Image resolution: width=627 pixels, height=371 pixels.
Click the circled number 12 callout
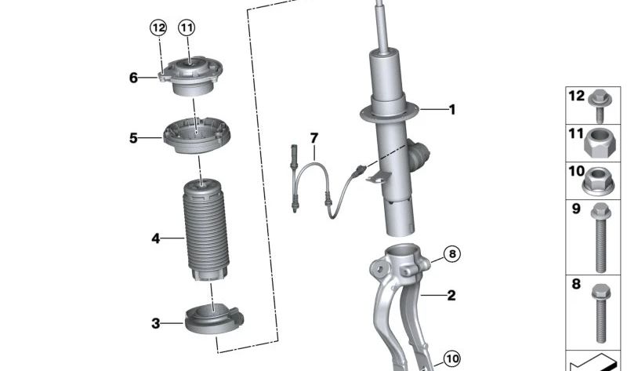(159, 29)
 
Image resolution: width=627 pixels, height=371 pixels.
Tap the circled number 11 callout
(186, 29)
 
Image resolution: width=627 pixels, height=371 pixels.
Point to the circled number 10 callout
(451, 359)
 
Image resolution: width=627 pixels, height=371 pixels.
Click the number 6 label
(133, 78)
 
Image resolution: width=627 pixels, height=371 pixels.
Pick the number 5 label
(133, 139)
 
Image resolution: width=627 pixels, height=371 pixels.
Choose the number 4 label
(155, 238)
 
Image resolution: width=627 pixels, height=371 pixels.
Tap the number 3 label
(155, 322)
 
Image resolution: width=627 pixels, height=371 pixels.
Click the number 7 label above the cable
(314, 138)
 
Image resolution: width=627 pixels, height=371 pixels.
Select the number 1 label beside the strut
(451, 110)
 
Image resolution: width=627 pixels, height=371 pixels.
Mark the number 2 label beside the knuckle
(451, 296)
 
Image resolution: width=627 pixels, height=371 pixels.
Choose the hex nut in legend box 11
(599, 142)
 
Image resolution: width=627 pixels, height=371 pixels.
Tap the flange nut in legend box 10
(599, 182)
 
